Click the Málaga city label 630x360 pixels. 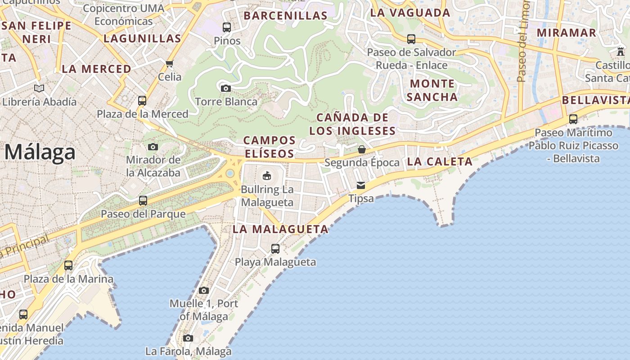coord(40,152)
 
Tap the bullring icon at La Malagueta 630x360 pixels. coord(267,175)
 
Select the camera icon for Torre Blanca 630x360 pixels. coord(226,88)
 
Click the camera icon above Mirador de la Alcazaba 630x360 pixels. coord(153,147)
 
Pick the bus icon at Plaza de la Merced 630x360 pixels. coord(142,100)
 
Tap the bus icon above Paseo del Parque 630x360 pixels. coord(143,200)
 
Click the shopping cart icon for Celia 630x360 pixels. coord(170,63)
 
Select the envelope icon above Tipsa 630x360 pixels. coord(361,185)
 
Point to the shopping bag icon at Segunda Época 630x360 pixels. coord(362,149)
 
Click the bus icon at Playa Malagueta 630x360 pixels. coord(275,248)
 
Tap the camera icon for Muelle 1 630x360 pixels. coord(204,290)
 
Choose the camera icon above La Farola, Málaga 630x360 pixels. coord(188,338)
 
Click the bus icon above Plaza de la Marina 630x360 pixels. coord(68,265)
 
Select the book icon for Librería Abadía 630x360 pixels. coord(40,88)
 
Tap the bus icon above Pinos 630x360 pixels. coord(227,27)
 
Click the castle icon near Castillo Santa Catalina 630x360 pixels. coord(621,51)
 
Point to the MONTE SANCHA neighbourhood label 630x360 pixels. coord(432,90)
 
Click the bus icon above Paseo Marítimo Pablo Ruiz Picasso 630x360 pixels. coord(573,119)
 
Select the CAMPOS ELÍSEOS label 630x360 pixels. coord(269,147)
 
